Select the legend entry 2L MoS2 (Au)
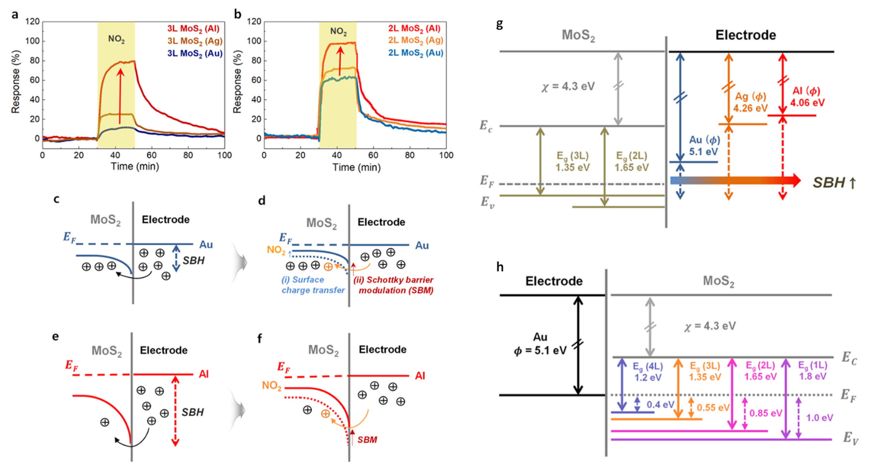tap(416, 53)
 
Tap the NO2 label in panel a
tap(116, 39)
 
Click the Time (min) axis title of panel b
tap(356, 167)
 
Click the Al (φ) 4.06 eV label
tap(807, 97)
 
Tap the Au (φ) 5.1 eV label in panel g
tap(704, 146)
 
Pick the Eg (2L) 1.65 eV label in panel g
tap(632, 162)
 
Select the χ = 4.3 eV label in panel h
tap(710, 326)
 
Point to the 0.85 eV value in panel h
tap(765, 413)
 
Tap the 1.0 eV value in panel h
tap(820, 418)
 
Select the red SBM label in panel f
tap(367, 440)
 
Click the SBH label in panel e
tap(193, 412)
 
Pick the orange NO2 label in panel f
tap(272, 385)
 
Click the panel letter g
tap(500, 24)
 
